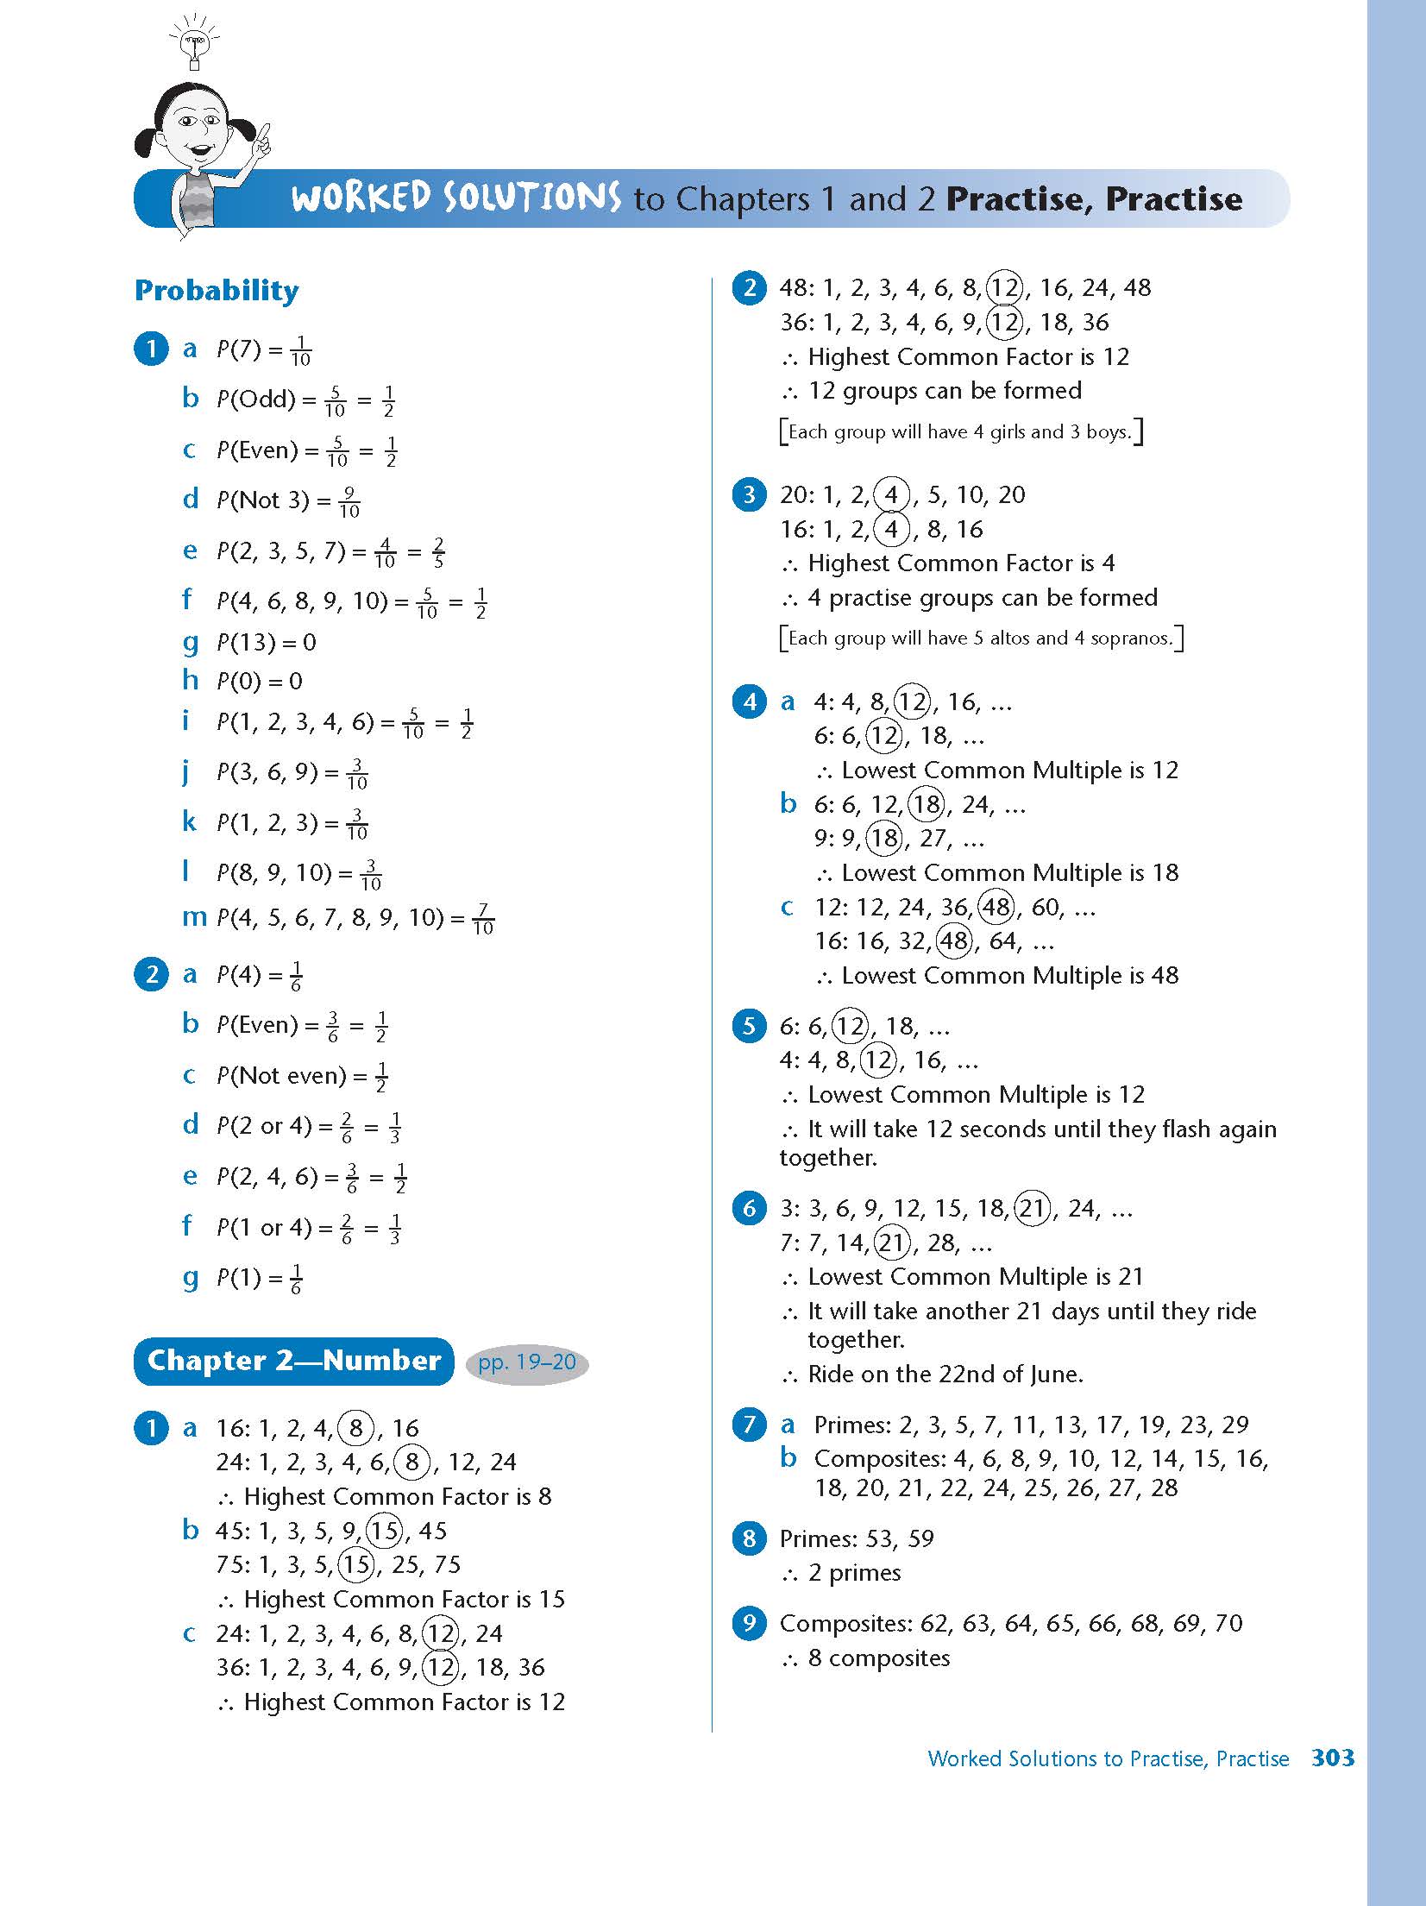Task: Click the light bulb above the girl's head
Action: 194,41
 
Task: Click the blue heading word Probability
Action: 217,291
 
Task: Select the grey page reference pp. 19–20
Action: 526,1362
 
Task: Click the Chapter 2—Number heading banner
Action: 293,1361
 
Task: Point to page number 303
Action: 1332,1758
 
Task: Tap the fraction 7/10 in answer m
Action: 483,919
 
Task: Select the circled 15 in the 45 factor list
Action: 384,1531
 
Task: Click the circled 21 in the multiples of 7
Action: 892,1242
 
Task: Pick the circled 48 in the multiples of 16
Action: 954,940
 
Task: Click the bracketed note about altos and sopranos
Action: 981,638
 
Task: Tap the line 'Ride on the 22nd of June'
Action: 945,1374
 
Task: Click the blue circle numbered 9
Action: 749,1623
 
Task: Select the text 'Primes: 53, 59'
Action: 857,1538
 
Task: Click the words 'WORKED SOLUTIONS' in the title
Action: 455,198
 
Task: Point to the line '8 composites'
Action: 878,1658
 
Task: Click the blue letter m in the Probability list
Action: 194,917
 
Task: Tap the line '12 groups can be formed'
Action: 944,391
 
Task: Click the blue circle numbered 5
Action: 749,1026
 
